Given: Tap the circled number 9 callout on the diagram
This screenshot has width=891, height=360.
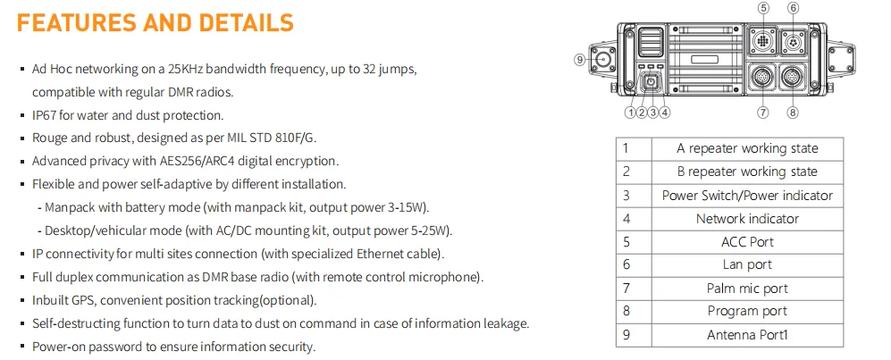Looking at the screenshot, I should click(x=579, y=60).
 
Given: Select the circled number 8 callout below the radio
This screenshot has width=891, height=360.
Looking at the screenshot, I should click(x=793, y=113).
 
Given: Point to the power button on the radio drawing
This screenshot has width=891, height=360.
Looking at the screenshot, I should click(x=650, y=82).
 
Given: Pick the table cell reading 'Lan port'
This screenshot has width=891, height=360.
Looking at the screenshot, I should click(x=746, y=264).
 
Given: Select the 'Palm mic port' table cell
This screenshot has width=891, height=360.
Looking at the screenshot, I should click(x=746, y=288).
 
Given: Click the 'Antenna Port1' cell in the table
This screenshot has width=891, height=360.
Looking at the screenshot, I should click(x=746, y=334).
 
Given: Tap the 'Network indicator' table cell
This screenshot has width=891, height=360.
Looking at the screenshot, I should click(x=746, y=218).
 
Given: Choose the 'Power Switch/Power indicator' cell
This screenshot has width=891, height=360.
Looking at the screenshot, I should click(x=746, y=195).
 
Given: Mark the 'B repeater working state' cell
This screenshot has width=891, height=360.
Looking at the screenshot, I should click(x=746, y=172).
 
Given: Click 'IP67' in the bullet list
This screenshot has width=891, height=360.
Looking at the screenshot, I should click(x=44, y=115).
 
